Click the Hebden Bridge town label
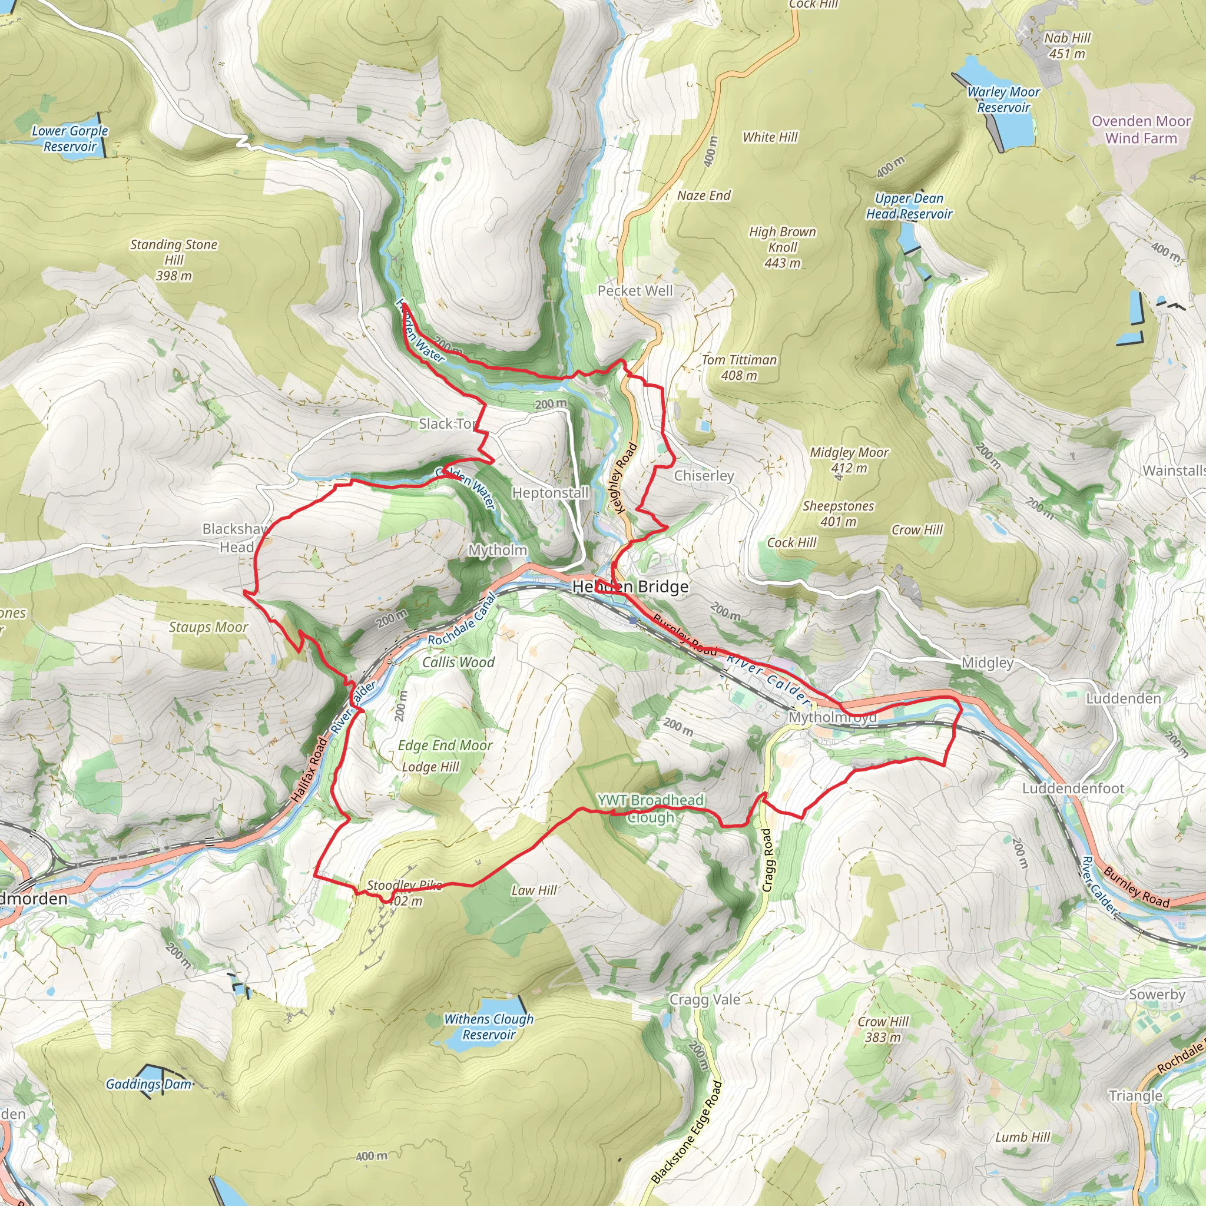(x=630, y=587)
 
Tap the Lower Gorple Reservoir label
(x=70, y=138)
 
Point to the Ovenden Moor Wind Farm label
(x=1141, y=130)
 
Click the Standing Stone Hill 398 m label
(x=174, y=260)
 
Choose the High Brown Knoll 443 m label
(x=782, y=247)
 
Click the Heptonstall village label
(x=550, y=493)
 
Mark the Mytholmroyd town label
(x=832, y=717)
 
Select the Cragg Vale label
(x=704, y=999)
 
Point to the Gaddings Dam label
(x=148, y=1084)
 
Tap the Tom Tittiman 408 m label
(x=739, y=367)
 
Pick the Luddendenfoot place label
(x=1072, y=788)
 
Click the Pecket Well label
(x=635, y=291)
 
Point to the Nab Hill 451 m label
(x=1067, y=45)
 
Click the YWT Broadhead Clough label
(x=651, y=809)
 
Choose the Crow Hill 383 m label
(x=883, y=1029)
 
